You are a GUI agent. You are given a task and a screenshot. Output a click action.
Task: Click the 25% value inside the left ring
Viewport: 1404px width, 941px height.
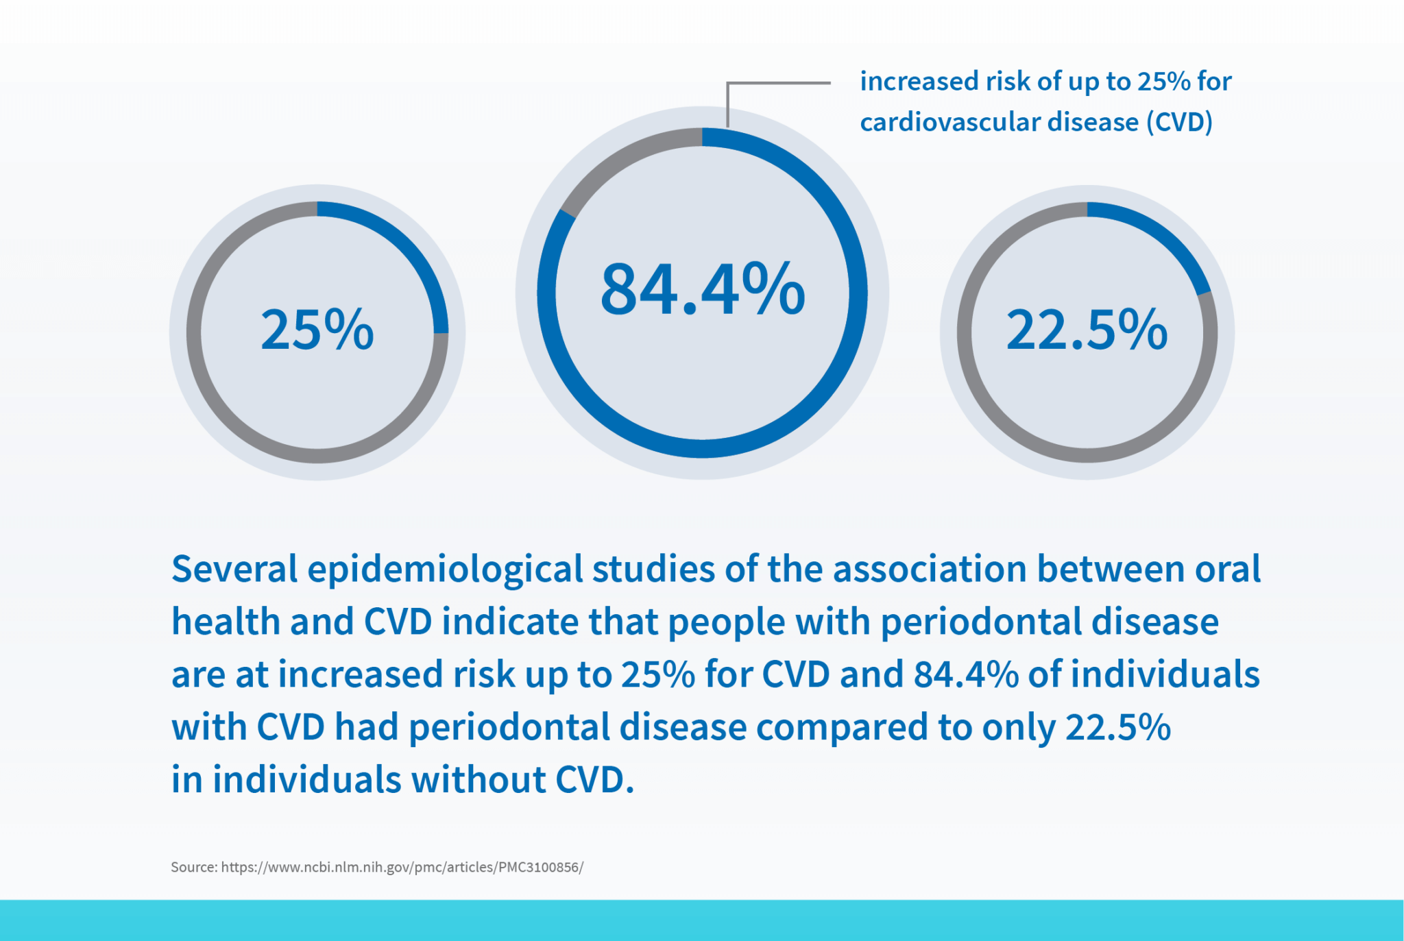click(x=317, y=330)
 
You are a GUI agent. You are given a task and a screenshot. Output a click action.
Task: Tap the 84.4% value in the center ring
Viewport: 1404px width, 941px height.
click(x=702, y=289)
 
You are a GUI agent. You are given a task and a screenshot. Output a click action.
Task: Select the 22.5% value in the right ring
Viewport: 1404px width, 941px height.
click(x=1087, y=330)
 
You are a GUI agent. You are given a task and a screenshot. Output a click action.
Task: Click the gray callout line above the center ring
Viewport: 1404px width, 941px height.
click(x=778, y=84)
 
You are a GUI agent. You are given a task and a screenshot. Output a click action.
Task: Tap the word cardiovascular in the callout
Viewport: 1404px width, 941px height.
click(x=948, y=122)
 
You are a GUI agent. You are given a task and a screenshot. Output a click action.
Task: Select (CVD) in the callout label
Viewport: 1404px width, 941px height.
click(x=1180, y=122)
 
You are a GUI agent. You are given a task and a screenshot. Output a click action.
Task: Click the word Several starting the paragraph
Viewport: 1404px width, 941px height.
click(x=234, y=569)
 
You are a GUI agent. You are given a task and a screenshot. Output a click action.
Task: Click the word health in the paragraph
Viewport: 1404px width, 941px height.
click(x=226, y=622)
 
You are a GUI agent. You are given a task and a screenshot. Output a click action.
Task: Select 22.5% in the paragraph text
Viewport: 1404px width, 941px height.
click(x=1118, y=727)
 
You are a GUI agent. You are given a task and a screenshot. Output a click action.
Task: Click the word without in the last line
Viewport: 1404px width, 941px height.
click(x=477, y=780)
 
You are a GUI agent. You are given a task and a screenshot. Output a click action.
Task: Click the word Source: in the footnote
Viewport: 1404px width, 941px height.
click(x=194, y=867)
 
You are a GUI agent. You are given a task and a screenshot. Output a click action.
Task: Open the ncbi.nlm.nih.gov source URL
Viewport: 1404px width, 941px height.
click(x=402, y=867)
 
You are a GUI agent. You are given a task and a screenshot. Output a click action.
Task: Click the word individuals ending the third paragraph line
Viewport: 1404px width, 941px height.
click(x=1165, y=674)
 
